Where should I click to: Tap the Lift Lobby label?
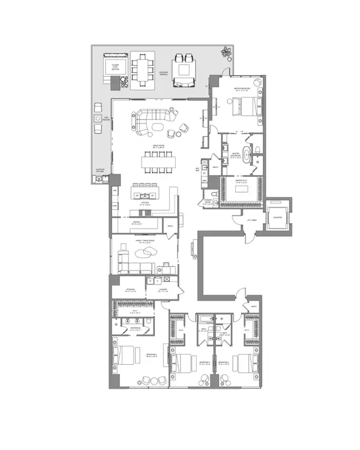click(254, 221)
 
